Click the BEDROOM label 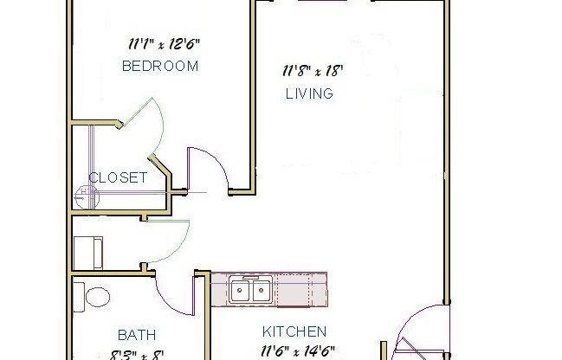(160, 66)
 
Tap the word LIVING (309, 93)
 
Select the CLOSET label (118, 178)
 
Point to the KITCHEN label (294, 331)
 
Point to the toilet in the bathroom (92, 294)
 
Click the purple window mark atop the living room (323, 3)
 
